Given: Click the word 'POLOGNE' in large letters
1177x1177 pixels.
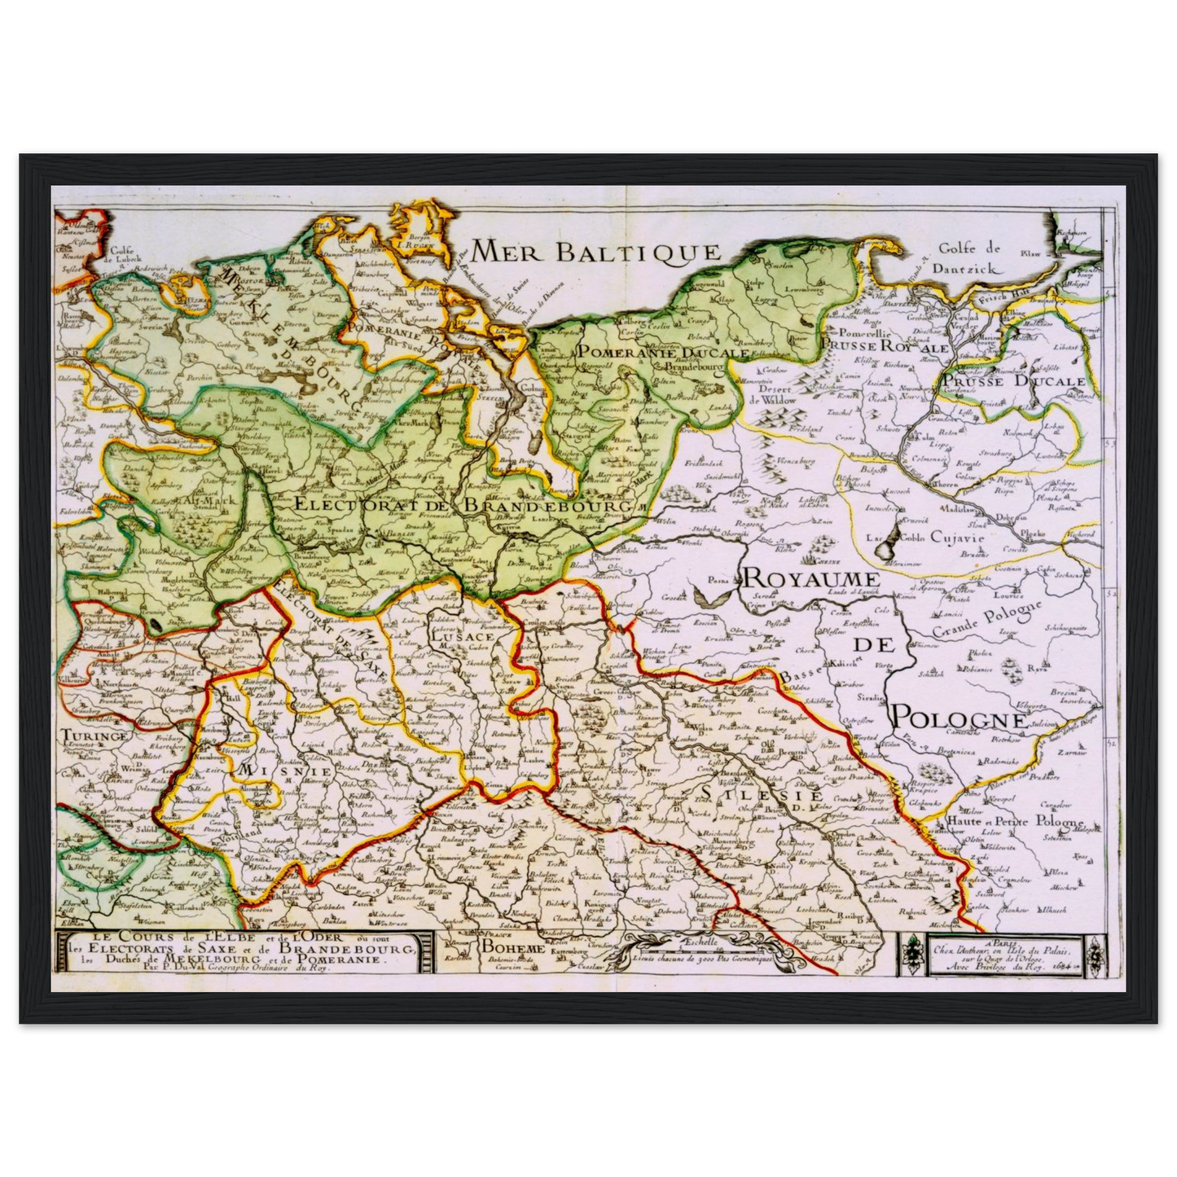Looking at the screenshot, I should [957, 718].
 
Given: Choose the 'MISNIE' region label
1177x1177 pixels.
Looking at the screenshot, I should [283, 769].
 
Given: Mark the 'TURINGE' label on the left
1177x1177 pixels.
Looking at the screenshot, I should [94, 736].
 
